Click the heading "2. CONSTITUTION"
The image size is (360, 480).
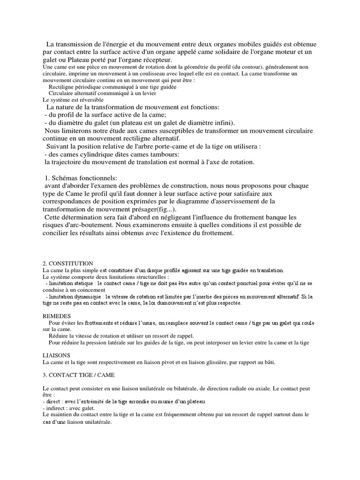tap(67, 263)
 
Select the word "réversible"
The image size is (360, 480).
tap(90, 100)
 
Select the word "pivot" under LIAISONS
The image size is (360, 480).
tap(172, 362)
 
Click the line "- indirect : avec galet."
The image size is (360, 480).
tap(68, 408)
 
